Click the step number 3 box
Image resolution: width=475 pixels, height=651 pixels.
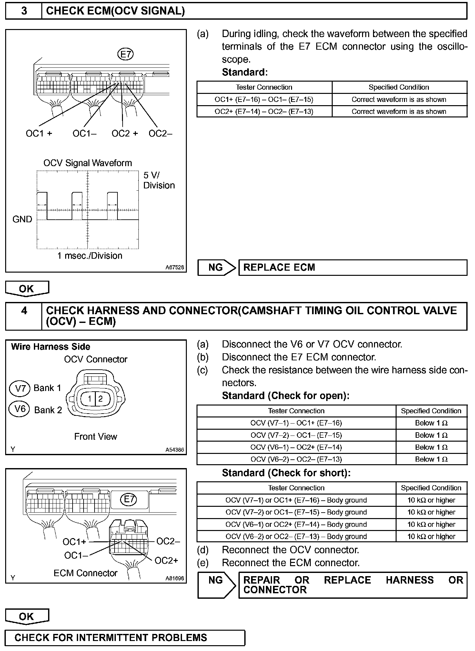point(24,11)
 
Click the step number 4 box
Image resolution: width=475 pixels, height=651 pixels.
point(24,316)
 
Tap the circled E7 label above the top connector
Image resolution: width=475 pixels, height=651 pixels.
point(125,54)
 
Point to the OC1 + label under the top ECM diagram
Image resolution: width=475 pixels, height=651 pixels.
point(39,134)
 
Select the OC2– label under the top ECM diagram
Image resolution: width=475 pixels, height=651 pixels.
point(160,134)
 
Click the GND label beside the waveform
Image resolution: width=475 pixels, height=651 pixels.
point(22,219)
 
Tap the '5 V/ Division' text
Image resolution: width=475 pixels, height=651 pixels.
point(159,180)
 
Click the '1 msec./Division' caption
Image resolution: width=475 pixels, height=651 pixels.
point(90,256)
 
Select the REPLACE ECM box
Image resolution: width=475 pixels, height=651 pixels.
point(353,267)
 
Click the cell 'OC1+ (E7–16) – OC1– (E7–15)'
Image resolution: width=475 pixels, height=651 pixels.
point(264,100)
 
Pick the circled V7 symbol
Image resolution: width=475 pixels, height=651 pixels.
point(20,388)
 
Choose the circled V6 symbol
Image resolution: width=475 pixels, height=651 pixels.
point(20,409)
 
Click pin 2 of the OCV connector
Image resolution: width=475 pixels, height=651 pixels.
point(100,399)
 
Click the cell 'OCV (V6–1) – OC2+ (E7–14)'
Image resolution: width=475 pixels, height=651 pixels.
point(296,447)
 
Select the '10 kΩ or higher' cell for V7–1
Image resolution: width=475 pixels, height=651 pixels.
point(431,500)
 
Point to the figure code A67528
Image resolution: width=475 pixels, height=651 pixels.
point(175,267)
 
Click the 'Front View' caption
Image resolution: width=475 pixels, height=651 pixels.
point(96,437)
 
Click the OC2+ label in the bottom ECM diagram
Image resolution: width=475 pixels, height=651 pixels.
point(166,561)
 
